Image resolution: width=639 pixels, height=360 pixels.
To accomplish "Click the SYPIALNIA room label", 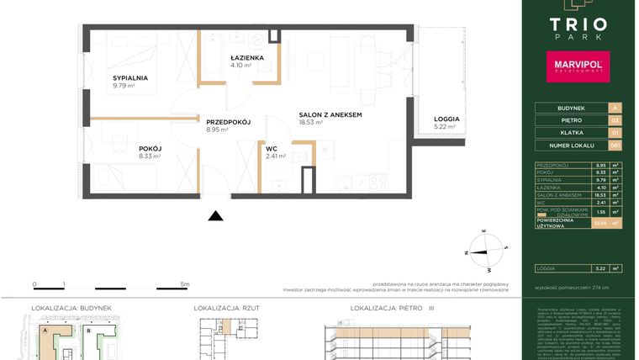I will pyautogui.click(x=130, y=77).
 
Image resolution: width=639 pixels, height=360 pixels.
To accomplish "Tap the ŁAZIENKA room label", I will pyautogui.click(x=247, y=58).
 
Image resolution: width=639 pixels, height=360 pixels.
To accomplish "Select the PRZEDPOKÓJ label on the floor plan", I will pyautogui.click(x=229, y=122).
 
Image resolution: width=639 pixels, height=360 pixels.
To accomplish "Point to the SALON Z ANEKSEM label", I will pyautogui.click(x=330, y=114).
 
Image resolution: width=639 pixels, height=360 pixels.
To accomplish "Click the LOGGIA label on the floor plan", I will pyautogui.click(x=446, y=119).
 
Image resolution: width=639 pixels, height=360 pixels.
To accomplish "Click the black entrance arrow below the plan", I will pyautogui.click(x=216, y=215).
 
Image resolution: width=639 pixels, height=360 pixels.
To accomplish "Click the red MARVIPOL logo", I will pyautogui.click(x=578, y=65).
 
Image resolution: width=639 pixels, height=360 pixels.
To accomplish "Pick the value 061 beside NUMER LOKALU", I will pyautogui.click(x=615, y=146).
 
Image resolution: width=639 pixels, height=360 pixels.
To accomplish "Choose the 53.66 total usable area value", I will pyautogui.click(x=598, y=224).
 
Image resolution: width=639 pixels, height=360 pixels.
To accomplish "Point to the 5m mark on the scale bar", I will pyautogui.click(x=185, y=285).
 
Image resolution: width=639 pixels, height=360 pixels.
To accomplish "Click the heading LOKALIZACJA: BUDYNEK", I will pyautogui.click(x=71, y=309).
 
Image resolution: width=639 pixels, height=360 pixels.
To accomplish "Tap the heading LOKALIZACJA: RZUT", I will pyautogui.click(x=227, y=309).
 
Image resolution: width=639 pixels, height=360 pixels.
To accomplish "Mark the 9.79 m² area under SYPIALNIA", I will pyautogui.click(x=125, y=86).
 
